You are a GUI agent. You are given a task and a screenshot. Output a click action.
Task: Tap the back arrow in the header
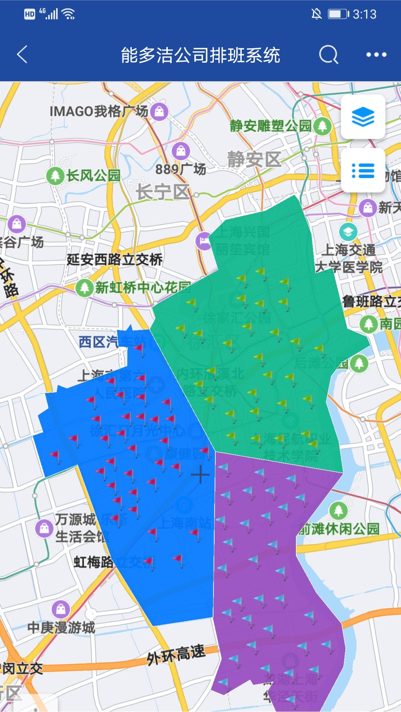coord(22,55)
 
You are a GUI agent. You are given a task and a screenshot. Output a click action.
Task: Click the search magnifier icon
coord(329,55)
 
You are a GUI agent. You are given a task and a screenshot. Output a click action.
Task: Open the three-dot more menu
coord(376,55)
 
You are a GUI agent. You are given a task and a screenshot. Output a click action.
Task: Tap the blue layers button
coord(363,117)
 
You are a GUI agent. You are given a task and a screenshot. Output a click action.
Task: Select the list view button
coord(363,171)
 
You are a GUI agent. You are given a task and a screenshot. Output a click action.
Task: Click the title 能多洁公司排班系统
coord(200,55)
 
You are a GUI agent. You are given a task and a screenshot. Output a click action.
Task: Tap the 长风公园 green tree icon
coord(55,175)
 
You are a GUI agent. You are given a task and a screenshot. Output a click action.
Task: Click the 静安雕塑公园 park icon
coord(322,126)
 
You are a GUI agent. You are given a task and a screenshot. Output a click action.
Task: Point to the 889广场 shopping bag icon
coord(181,151)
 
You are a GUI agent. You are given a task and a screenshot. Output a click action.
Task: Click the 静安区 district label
coord(254,160)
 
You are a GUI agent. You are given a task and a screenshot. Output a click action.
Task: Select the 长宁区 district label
coord(163,192)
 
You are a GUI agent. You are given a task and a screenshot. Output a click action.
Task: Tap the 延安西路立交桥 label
coord(114,259)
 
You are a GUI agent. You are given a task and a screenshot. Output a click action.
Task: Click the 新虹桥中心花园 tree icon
coord(84,288)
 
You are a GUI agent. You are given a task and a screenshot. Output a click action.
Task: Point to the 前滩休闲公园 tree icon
coord(338,510)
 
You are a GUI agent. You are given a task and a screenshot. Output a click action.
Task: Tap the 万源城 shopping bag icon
coord(44,528)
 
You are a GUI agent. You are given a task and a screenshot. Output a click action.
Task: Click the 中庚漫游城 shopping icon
coord(61,609)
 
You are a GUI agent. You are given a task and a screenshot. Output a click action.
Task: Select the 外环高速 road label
coord(176,655)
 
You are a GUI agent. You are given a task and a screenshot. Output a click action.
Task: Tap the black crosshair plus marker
coord(200,474)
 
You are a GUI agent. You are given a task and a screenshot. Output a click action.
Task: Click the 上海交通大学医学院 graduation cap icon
coord(348,232)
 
